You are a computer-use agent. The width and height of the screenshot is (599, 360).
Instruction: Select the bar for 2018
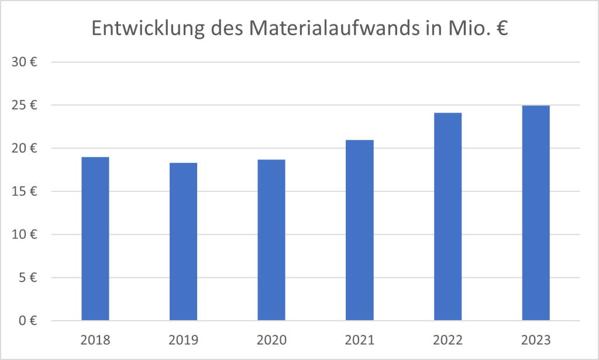95,239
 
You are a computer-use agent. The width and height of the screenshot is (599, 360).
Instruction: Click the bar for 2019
183,242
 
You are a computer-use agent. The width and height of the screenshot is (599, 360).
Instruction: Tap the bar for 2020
271,240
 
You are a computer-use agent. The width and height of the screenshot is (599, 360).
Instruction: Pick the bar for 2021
359,231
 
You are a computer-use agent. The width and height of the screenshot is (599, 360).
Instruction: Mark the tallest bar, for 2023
535,213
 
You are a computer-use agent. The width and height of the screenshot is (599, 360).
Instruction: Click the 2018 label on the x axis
95,340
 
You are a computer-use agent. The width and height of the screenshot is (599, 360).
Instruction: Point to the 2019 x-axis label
183,340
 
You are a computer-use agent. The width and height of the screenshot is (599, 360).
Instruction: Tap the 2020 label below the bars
271,340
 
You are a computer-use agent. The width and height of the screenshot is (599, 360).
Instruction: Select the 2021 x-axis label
359,340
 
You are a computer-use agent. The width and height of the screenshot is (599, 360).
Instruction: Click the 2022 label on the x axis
447,340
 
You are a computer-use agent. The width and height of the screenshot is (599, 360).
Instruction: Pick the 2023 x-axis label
535,340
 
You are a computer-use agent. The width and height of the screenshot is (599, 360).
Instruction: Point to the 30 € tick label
25,62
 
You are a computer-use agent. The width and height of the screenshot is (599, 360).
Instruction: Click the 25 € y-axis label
25,105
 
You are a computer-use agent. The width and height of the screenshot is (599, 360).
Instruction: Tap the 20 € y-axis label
25,148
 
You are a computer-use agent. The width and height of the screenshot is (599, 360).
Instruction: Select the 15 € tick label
25,191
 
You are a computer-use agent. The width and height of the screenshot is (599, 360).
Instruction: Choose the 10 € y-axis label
25,235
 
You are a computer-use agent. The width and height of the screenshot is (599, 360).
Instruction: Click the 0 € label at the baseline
28,321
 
